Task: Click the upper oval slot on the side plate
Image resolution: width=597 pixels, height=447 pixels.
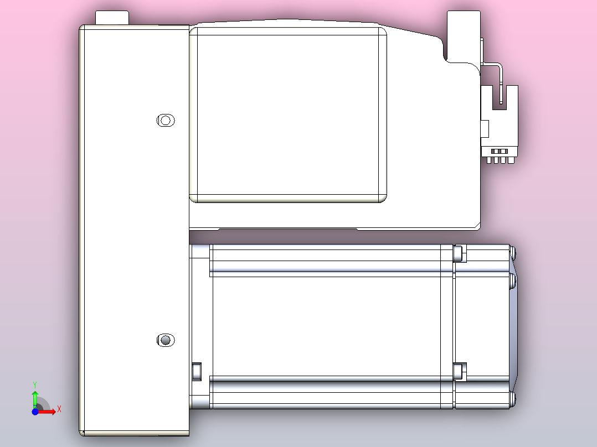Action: click(166, 120)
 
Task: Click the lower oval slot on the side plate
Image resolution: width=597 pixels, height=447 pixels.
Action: click(166, 340)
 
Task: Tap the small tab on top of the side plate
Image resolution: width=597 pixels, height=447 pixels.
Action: click(112, 18)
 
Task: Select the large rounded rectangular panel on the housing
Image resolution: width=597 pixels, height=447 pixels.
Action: click(288, 115)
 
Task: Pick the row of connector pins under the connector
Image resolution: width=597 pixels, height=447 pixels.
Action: click(500, 160)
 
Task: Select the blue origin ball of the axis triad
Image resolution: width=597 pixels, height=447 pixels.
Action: click(35, 412)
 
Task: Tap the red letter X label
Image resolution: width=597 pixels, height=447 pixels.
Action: click(59, 409)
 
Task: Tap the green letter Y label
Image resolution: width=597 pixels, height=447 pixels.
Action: click(34, 383)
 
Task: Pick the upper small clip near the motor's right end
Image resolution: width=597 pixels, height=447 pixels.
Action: click(458, 253)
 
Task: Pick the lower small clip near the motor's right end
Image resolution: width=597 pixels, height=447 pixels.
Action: click(458, 371)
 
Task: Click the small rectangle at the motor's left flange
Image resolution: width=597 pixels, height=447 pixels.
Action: click(196, 371)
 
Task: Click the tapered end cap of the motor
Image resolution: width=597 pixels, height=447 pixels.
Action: click(513, 326)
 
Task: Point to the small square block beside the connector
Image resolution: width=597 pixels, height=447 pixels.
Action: click(485, 128)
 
